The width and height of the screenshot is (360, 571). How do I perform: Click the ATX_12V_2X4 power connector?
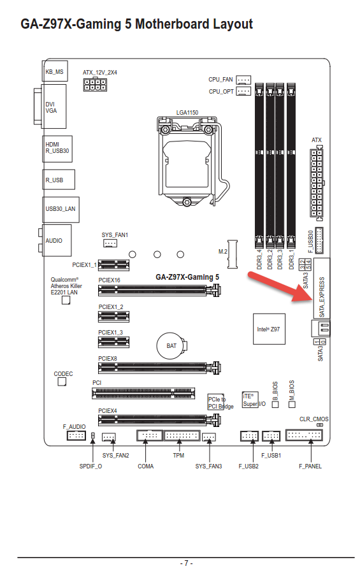pos(95,84)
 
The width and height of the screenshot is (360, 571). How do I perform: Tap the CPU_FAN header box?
pos(243,80)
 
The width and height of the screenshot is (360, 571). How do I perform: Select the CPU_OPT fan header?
pos(243,91)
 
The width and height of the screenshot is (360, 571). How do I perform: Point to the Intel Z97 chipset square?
pos(269,329)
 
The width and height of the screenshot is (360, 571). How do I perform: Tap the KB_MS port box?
pos(55,71)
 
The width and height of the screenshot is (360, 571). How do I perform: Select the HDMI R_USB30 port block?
pos(57,148)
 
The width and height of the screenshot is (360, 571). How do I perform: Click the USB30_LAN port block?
pos(61,210)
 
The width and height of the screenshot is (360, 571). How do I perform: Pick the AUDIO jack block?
pos(57,240)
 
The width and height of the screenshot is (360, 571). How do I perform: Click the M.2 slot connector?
pos(233,254)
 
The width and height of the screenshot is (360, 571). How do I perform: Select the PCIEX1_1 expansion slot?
pos(113,265)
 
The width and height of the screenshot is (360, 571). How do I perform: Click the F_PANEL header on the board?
pos(304,435)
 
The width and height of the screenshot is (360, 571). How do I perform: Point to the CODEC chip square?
pos(62,382)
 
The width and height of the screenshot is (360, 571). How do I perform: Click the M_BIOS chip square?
pos(292,404)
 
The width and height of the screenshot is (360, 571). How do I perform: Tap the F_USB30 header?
pos(319,240)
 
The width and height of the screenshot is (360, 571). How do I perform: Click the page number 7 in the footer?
pos(186,563)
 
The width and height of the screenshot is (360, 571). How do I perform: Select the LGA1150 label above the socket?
pos(187,113)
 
